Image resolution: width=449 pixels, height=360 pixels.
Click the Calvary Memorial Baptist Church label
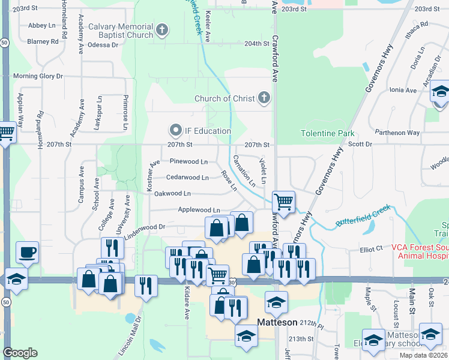(x=121, y=31)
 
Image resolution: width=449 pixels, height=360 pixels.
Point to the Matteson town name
(x=277, y=322)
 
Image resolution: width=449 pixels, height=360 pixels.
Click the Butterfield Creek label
(x=363, y=216)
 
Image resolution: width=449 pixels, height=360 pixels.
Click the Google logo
(x=20, y=353)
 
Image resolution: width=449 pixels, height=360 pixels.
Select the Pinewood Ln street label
(x=188, y=161)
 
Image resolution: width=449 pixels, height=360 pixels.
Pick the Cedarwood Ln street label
(x=187, y=178)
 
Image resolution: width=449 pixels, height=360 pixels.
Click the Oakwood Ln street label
(x=172, y=193)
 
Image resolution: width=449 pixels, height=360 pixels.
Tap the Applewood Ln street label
(x=199, y=209)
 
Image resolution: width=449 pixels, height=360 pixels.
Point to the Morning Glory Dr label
(x=38, y=76)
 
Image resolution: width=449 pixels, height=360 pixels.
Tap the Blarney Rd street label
(x=43, y=42)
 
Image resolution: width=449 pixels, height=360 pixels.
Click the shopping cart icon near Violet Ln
(x=283, y=202)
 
